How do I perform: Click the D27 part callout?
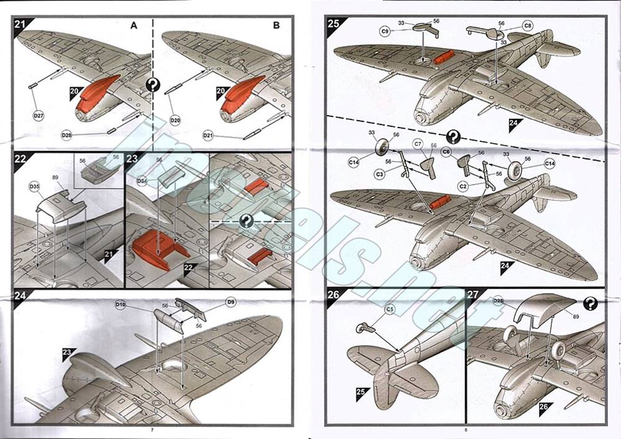click(x=39, y=116)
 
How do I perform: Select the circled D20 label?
click(x=175, y=119)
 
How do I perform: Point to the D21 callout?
click(x=210, y=135)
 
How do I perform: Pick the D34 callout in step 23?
click(x=142, y=181)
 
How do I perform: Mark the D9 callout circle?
click(x=231, y=303)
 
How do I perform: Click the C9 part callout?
click(x=386, y=30)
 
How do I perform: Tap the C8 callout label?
click(x=527, y=25)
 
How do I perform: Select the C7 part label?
click(x=418, y=144)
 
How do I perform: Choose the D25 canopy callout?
click(x=498, y=301)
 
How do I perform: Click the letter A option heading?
click(x=133, y=25)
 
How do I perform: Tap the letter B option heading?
click(x=276, y=25)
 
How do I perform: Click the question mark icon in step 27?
click(x=591, y=303)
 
